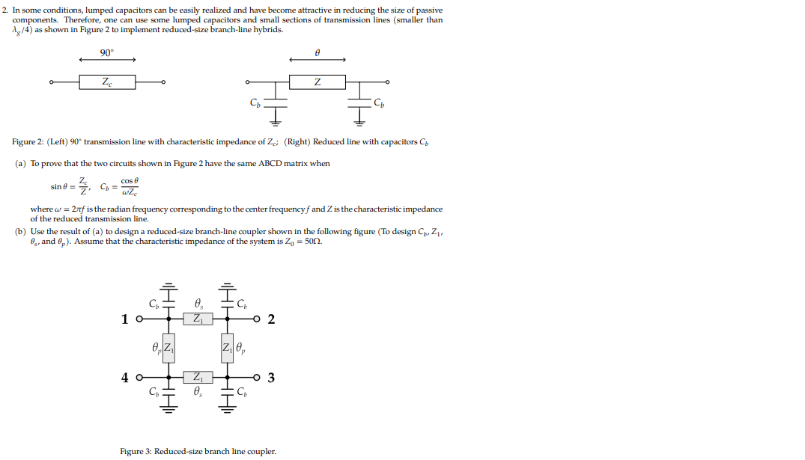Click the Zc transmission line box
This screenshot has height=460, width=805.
(107, 82)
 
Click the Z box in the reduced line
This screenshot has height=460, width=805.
(318, 82)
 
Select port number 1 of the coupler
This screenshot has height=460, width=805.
(125, 319)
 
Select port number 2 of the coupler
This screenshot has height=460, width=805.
(271, 319)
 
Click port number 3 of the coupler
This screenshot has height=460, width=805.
(271, 377)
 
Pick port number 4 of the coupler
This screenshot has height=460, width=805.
(125, 377)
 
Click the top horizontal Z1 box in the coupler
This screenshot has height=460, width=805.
(198, 319)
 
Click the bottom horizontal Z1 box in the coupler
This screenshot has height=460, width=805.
(198, 377)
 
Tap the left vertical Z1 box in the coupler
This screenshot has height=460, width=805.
(169, 348)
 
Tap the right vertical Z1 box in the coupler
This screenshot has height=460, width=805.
(226, 348)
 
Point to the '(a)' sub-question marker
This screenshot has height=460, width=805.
(20, 163)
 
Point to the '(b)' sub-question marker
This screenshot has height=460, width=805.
(20, 231)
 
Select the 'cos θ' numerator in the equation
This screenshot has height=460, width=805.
(130, 181)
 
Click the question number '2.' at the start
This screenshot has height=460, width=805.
(5, 10)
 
